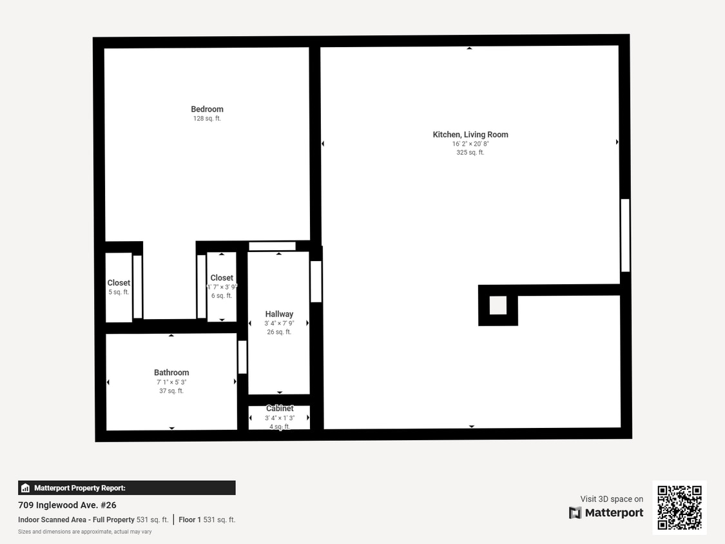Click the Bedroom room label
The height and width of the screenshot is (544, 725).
[207, 110]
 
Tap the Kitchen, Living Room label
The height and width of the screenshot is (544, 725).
[470, 135]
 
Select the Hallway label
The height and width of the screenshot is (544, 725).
[279, 315]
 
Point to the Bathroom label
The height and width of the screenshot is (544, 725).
[171, 373]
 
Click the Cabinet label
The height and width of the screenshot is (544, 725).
[280, 409]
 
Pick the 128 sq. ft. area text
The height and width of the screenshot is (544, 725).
[207, 119]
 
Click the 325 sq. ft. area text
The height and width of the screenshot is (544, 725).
[470, 153]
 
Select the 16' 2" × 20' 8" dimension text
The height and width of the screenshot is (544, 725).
[470, 144]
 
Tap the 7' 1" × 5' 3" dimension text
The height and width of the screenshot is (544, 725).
[171, 382]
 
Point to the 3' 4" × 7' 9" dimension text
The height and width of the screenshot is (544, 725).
[279, 324]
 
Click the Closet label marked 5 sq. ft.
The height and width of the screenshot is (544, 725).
[119, 283]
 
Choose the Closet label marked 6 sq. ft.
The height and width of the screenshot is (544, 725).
[222, 278]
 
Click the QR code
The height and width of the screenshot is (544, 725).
[679, 507]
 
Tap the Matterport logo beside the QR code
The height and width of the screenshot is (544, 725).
[606, 512]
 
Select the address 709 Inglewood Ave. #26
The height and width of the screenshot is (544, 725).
[67, 505]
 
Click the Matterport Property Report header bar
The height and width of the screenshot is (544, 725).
[126, 488]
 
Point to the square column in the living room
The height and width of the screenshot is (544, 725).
[498, 306]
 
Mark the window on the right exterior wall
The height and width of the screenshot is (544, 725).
[625, 235]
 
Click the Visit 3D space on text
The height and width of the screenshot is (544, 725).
[612, 499]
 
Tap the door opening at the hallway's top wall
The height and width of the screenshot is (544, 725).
[272, 246]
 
